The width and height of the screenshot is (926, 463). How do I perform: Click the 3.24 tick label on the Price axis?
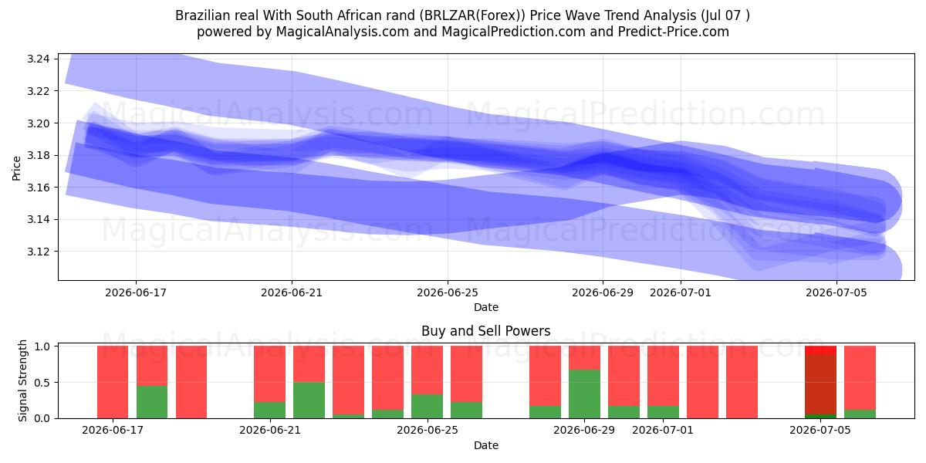pyautogui.click(x=38, y=59)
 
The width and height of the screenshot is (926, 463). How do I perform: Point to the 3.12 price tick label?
pyautogui.click(x=38, y=252)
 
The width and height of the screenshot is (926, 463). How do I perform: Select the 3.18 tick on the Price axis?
pyautogui.click(x=38, y=155)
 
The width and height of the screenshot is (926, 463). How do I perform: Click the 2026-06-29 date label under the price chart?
pyautogui.click(x=603, y=292)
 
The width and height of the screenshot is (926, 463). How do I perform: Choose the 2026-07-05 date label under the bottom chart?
pyautogui.click(x=820, y=430)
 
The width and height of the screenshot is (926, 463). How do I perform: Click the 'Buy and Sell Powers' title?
pyautogui.click(x=485, y=331)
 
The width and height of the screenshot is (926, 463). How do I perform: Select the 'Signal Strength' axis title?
pyautogui.click(x=22, y=380)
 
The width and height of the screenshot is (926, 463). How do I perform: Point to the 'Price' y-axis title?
pyautogui.click(x=16, y=168)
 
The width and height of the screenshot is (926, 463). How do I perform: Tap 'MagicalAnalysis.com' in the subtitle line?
pyautogui.click(x=343, y=32)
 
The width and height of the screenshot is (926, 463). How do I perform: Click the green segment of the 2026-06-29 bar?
pyautogui.click(x=584, y=394)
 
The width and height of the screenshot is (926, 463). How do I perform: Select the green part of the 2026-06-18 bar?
pyautogui.click(x=152, y=402)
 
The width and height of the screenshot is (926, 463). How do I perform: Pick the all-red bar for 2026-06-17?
pyautogui.click(x=113, y=382)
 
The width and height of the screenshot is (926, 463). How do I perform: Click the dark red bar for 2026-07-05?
pyautogui.click(x=820, y=384)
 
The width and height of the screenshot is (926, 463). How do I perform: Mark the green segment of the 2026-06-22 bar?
pyautogui.click(x=309, y=400)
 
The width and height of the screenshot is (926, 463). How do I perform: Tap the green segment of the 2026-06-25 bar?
pyautogui.click(x=427, y=407)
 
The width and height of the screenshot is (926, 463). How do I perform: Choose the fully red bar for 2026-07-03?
pyautogui.click(x=742, y=382)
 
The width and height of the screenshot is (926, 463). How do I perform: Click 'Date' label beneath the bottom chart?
pyautogui.click(x=485, y=445)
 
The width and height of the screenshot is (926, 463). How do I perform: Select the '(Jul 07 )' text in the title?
pyautogui.click(x=725, y=15)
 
